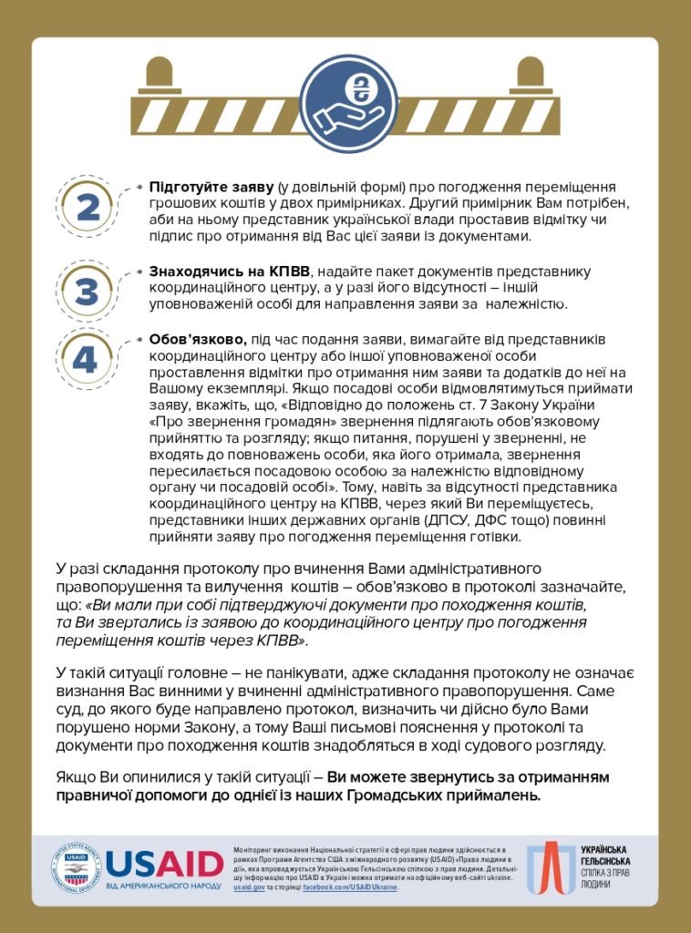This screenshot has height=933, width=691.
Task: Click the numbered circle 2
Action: pos(88,208)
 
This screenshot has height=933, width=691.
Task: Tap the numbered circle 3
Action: pos(87,292)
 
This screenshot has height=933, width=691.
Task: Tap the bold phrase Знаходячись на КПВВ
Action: pos(230,272)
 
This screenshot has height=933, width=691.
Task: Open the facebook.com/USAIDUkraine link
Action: pos(350,887)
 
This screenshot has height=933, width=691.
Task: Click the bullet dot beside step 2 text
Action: pos(139,186)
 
